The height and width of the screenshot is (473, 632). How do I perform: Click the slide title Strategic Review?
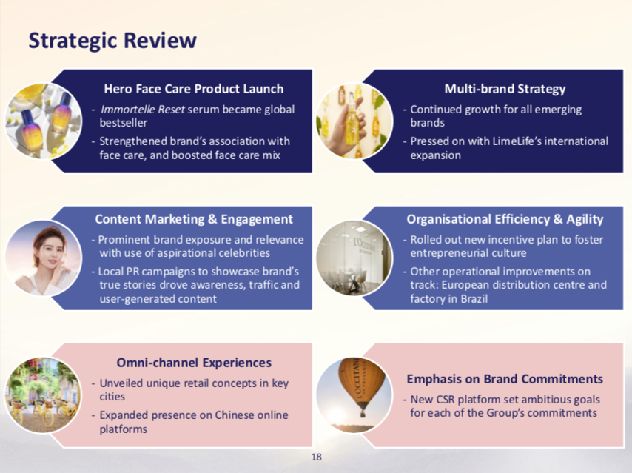112,41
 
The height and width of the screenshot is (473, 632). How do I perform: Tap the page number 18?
317,457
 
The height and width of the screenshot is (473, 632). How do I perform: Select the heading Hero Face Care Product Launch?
194,89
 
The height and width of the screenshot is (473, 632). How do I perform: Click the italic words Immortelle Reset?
143,110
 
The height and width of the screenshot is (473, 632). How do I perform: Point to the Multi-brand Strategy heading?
505,89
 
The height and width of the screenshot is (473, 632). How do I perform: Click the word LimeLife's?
518,141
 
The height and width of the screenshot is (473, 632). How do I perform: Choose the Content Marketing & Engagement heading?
194,219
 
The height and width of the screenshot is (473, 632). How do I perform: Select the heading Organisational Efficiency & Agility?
505,219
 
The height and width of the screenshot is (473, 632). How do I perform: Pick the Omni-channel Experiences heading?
194,363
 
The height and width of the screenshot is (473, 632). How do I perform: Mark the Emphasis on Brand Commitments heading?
505,379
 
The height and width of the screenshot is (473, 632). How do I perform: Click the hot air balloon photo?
354,395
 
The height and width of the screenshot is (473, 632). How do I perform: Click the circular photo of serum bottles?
44,121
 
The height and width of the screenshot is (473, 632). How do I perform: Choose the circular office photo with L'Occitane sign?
354,258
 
